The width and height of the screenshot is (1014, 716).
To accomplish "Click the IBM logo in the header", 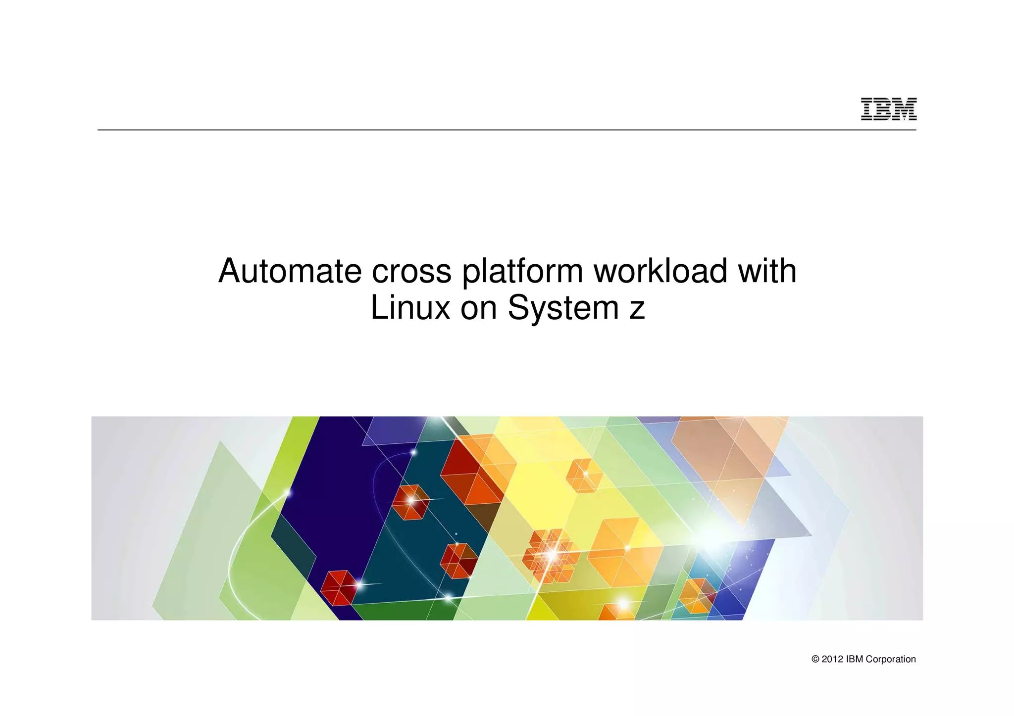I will click(x=888, y=109).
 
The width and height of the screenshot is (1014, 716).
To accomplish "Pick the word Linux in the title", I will click(x=410, y=308).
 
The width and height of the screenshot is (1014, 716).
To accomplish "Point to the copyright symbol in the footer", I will click(x=815, y=659).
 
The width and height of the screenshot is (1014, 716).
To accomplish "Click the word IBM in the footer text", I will click(x=855, y=659).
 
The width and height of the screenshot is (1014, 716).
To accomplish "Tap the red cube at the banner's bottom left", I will click(x=338, y=587).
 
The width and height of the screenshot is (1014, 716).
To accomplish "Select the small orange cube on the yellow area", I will click(x=584, y=475).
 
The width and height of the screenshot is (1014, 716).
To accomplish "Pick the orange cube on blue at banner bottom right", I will click(x=697, y=595).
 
